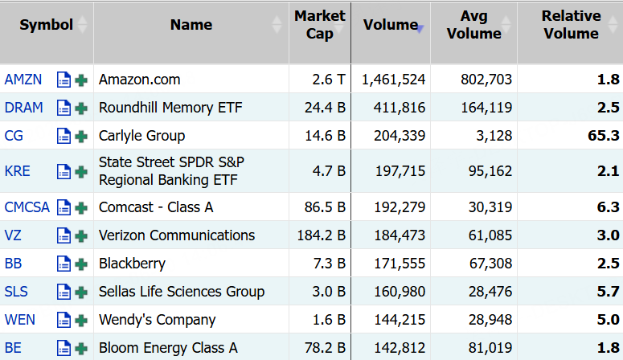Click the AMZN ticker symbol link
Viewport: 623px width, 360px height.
tap(23, 80)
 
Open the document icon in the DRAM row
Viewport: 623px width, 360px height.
tap(64, 108)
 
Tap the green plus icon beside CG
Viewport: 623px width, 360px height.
tap(81, 137)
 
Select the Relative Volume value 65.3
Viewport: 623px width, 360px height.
tap(603, 136)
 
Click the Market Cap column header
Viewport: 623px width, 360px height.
tap(319, 25)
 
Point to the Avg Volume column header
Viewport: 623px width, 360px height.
tap(473, 25)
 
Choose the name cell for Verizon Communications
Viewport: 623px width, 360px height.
tap(177, 235)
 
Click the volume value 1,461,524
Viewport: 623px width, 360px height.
tap(393, 80)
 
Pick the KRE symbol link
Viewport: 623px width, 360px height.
tap(17, 171)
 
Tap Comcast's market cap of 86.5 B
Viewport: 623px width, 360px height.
tap(325, 207)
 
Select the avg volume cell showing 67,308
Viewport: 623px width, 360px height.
tap(490, 264)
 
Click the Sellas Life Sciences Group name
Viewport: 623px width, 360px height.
tap(182, 292)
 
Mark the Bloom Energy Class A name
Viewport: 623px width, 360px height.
tap(168, 348)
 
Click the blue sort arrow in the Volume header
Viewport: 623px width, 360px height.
tap(420, 29)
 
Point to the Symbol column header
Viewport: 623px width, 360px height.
tap(46, 25)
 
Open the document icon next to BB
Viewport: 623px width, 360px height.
tap(64, 264)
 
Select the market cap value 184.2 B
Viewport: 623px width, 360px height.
tap(322, 235)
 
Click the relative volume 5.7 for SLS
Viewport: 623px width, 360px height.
tap(608, 292)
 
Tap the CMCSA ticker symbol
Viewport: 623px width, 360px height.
tap(27, 207)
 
